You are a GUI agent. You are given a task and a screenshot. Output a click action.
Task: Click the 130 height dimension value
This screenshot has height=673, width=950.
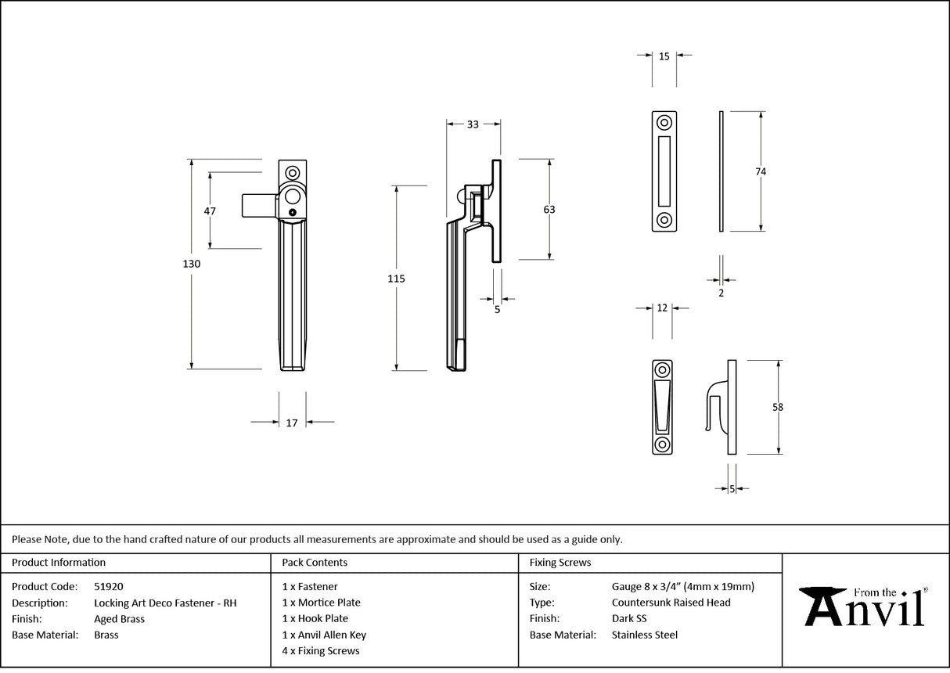[x=192, y=264]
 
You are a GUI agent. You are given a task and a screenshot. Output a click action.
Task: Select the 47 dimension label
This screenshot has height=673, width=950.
[x=209, y=211]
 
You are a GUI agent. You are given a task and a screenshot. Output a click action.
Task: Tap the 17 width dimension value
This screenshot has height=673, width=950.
[x=292, y=423]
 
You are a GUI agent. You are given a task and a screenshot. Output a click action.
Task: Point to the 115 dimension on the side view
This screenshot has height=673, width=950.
[x=397, y=278]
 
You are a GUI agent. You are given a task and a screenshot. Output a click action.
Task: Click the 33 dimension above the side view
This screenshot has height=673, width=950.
[x=473, y=124]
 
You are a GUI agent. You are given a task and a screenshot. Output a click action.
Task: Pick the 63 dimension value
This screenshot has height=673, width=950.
[x=549, y=209]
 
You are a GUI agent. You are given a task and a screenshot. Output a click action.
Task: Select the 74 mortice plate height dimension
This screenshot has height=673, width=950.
[x=761, y=171]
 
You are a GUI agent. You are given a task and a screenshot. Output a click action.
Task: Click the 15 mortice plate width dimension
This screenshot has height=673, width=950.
[x=664, y=56]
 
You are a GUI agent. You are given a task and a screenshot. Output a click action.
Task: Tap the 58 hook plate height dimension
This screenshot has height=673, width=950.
[x=777, y=407]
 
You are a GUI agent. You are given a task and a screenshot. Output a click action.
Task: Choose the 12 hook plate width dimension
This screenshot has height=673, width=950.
[x=662, y=308]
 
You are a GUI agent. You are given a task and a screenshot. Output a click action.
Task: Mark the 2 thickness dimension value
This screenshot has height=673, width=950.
[x=721, y=293]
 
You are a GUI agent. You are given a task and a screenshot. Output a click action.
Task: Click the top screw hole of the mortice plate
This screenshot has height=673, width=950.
[x=664, y=123]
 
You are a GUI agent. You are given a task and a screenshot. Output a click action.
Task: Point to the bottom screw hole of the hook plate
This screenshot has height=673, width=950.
[x=662, y=444]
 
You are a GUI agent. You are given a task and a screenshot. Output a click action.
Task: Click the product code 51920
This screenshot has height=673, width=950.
[x=108, y=586]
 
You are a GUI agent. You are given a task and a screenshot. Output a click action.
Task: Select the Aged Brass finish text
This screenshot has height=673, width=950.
[x=119, y=619]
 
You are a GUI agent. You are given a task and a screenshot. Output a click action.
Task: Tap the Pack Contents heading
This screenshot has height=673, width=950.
[x=315, y=562]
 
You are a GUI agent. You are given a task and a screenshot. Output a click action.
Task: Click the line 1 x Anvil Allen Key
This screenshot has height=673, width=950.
[x=324, y=635]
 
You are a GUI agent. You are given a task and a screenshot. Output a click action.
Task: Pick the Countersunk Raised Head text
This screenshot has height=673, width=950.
[x=671, y=603]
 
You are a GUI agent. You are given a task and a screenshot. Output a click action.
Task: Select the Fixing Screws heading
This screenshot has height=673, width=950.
[x=560, y=562]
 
